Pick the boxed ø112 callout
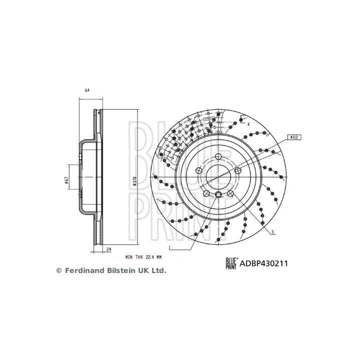tap(293, 136)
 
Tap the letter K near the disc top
tap(248, 123)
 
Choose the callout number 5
tap(272, 231)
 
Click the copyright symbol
tap(58, 270)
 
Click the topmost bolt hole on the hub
tap(218, 156)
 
